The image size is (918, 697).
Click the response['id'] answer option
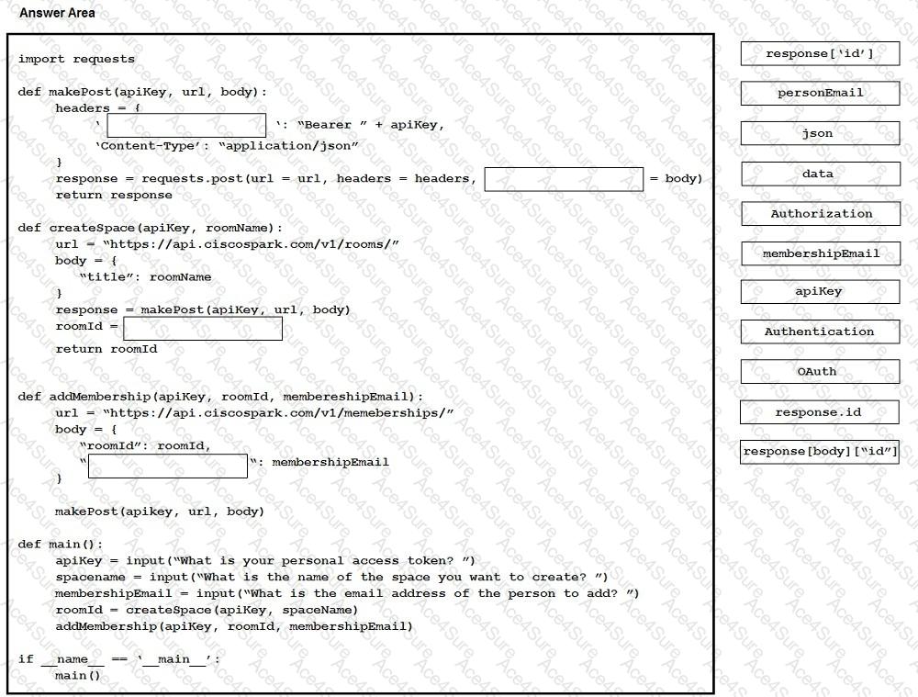820,54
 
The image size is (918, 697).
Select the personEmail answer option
820,94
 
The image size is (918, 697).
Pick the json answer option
820,134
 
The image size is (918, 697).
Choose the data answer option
820,174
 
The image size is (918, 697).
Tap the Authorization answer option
820,214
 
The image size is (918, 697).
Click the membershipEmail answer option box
820,254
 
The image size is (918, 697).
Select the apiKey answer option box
820,292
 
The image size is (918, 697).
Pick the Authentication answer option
820,332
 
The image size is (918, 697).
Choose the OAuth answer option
820,372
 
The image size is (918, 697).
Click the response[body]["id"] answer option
820,452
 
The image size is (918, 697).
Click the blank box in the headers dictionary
186,126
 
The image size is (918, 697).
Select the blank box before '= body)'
564,179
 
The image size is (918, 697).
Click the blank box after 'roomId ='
203,329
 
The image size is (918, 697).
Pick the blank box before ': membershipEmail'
168,466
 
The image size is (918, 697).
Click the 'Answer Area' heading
57,14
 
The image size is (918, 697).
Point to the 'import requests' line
76,60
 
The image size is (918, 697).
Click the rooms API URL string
251,244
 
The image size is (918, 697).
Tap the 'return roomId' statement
106,349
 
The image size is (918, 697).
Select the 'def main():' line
61,545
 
